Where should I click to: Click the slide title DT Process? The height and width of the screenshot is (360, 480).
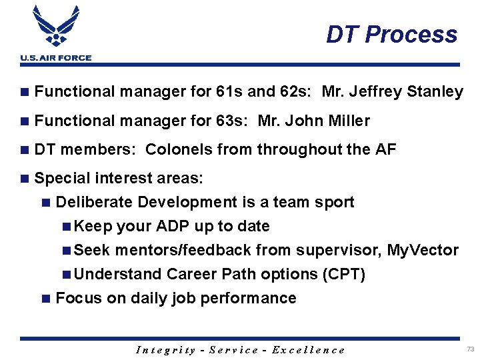(x=391, y=35)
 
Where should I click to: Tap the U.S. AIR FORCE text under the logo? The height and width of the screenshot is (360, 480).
(x=56, y=58)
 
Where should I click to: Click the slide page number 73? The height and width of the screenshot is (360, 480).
(x=470, y=349)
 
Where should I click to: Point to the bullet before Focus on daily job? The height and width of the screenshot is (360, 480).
(x=45, y=299)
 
